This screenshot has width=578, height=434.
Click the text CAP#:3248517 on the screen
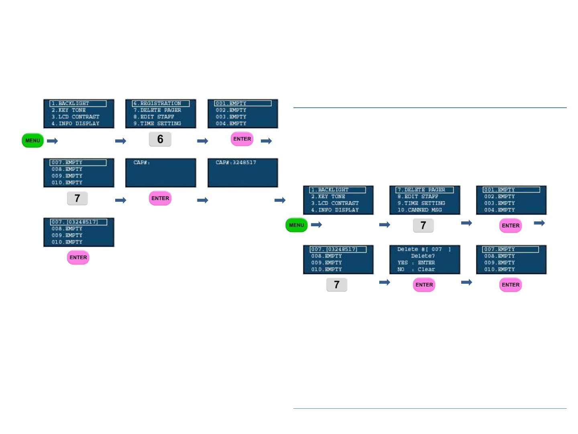[x=236, y=162]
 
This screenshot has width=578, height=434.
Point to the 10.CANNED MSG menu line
[x=419, y=210]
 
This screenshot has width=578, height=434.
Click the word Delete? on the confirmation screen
[x=423, y=256]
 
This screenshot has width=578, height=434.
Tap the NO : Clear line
[x=416, y=269]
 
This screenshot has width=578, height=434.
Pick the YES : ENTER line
[x=416, y=263]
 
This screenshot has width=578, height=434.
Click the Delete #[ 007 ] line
[x=424, y=249]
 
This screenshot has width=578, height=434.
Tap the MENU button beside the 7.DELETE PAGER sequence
[x=296, y=225]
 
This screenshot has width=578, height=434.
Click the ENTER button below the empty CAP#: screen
[x=160, y=198]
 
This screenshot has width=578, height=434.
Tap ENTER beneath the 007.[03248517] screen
[x=78, y=258]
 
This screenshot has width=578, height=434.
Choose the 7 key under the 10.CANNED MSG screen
[x=423, y=225]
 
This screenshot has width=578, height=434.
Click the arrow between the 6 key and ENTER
[x=203, y=141]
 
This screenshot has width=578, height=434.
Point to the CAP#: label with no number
[x=142, y=162]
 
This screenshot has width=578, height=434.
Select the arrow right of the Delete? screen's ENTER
[x=466, y=283]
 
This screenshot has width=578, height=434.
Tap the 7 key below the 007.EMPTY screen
[x=77, y=198]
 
